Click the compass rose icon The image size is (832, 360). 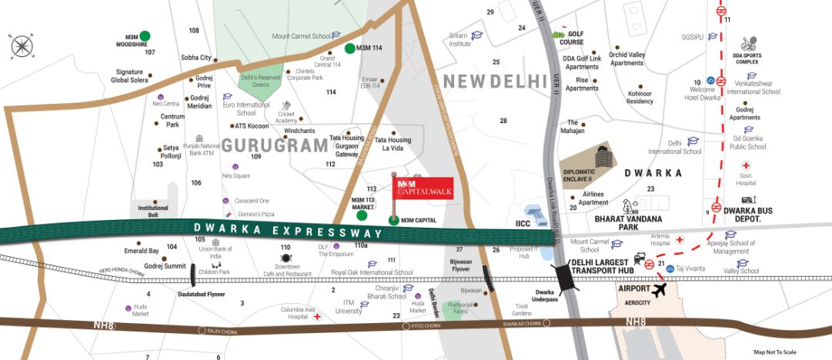click(x=22, y=46)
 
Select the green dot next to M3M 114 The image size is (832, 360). click(x=350, y=48)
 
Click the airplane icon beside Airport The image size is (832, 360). click(x=659, y=290)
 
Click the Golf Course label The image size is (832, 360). click(x=581, y=38)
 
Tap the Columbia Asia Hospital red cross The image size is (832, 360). click(x=316, y=316)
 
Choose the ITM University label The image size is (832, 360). click(x=349, y=308)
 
